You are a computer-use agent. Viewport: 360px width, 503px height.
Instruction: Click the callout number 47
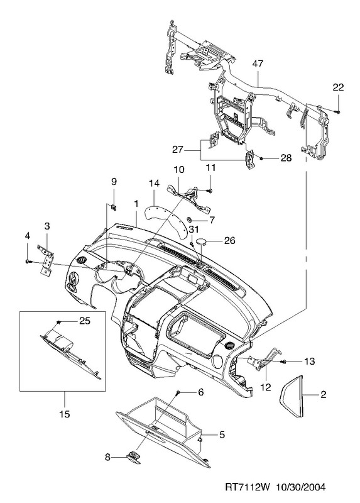tap(258, 64)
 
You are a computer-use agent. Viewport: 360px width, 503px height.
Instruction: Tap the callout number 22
tap(338, 87)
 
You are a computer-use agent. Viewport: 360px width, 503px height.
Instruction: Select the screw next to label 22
tap(337, 112)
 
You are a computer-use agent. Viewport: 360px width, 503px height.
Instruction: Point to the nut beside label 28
tap(261, 158)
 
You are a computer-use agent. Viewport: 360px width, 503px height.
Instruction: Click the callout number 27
tap(178, 150)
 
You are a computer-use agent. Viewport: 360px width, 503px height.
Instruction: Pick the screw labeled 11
tap(210, 191)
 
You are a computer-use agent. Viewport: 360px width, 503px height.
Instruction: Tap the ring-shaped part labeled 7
tap(190, 219)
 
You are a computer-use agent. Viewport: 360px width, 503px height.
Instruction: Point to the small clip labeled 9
tap(114, 207)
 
